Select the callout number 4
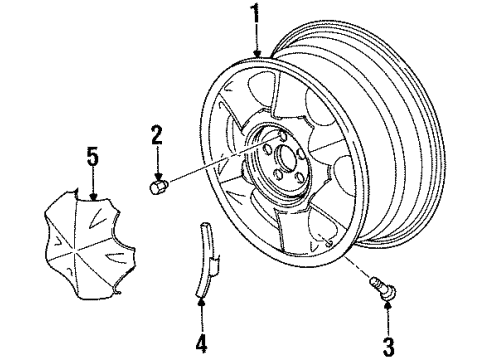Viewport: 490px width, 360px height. tap(202, 344)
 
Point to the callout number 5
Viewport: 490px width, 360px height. tap(92, 156)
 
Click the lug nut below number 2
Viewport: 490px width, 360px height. tap(157, 187)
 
